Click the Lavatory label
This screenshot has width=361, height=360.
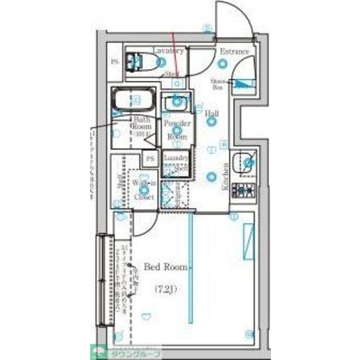click(167, 50)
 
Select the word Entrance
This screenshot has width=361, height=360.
click(234, 52)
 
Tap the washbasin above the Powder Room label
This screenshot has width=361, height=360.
click(177, 103)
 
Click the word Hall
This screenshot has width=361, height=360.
click(212, 114)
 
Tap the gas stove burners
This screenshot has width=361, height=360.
click(244, 191)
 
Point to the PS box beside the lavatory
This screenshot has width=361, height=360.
click(115, 62)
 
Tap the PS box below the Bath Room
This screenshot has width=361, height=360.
click(150, 159)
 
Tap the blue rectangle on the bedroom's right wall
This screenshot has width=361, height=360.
click(247, 242)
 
